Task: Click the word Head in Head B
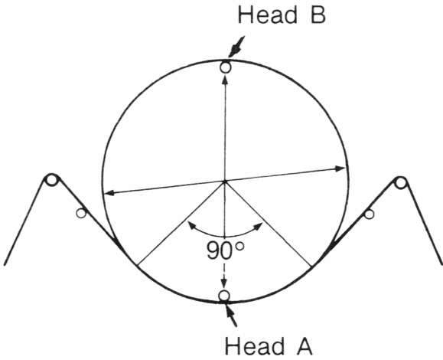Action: [267, 15]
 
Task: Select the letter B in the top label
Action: [318, 15]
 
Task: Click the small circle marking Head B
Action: [225, 67]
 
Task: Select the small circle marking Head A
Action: [224, 296]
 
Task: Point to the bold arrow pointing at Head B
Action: [236, 47]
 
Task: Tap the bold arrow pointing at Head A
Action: [231, 315]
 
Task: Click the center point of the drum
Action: [225, 181]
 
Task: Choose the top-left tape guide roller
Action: [51, 180]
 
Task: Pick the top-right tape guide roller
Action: [400, 182]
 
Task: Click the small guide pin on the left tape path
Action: [81, 213]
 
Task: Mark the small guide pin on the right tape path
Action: [369, 214]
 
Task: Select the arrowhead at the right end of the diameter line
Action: [340, 169]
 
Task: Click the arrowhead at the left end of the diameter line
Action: [109, 193]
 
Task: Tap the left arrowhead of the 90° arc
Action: [192, 225]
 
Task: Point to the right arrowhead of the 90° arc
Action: [259, 226]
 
